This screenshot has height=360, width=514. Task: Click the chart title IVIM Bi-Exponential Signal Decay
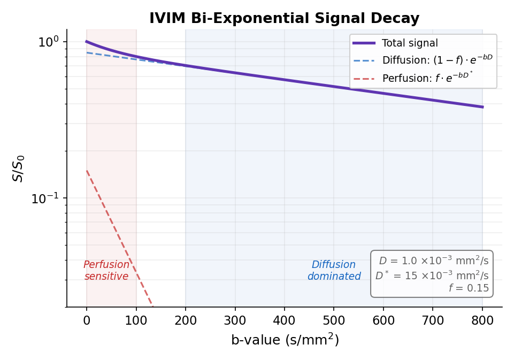pyautogui.click(x=284, y=18)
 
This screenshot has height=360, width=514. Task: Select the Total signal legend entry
pyautogui.click(x=410, y=43)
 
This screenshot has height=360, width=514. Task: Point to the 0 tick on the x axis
pyautogui.click(x=87, y=321)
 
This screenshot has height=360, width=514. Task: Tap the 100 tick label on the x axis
pyautogui.click(x=136, y=321)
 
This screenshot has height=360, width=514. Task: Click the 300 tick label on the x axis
pyautogui.click(x=235, y=321)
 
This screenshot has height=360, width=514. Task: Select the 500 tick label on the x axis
pyautogui.click(x=334, y=321)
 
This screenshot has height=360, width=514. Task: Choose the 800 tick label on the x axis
pyautogui.click(x=482, y=321)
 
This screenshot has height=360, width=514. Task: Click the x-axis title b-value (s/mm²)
pyautogui.click(x=284, y=340)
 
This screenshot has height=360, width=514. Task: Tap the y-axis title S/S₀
pyautogui.click(x=19, y=168)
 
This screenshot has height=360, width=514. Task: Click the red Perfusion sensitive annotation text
pyautogui.click(x=106, y=271)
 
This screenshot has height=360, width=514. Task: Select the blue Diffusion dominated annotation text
pyautogui.click(x=334, y=271)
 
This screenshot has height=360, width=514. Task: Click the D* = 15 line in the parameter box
pyautogui.click(x=432, y=275)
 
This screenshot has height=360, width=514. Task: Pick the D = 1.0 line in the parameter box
pyautogui.click(x=434, y=261)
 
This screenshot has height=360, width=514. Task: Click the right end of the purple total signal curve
pyautogui.click(x=482, y=107)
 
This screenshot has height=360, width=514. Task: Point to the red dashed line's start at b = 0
pyautogui.click(x=87, y=171)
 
